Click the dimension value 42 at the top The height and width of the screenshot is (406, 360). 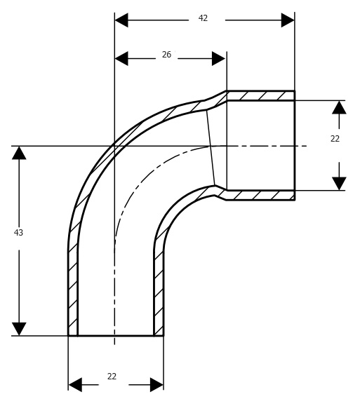(203, 18)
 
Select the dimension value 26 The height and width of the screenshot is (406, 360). (166, 55)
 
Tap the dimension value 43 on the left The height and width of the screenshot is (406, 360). (18, 233)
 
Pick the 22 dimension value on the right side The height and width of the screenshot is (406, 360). (335, 139)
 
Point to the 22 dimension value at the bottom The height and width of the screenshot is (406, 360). (112, 377)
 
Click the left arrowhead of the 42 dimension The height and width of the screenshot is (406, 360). (121, 20)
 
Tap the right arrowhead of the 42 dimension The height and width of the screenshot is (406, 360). (288, 20)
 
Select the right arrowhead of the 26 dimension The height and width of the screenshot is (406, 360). (219, 58)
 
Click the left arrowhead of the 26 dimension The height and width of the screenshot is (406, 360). (121, 58)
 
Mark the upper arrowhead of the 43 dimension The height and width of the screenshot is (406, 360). (19, 153)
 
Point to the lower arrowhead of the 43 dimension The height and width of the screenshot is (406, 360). (19, 329)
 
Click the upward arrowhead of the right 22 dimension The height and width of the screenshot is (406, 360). (339, 107)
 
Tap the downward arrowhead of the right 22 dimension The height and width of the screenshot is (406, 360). (339, 184)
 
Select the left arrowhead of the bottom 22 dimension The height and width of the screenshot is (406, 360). (75, 384)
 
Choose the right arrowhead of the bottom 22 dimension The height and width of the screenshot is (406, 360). (156, 384)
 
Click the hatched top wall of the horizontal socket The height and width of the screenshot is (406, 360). (260, 95)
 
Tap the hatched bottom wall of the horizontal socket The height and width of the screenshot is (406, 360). (260, 195)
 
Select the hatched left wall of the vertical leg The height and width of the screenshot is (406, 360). (73, 290)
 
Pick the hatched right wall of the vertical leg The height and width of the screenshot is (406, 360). (159, 290)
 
